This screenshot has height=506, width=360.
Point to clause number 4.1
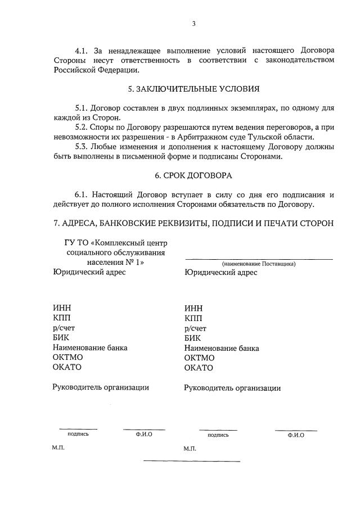point(82,51)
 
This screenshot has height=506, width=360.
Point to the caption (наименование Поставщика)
point(259,263)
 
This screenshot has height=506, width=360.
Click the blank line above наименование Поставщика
point(259,258)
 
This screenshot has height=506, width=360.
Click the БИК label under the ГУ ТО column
point(60,338)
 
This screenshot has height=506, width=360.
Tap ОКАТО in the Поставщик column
point(199,368)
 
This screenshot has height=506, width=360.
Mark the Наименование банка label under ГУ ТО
point(90,347)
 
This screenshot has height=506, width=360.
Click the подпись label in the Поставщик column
point(218,435)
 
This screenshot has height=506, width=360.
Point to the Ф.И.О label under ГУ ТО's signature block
point(144,434)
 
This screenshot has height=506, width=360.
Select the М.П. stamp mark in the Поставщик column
point(190,449)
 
